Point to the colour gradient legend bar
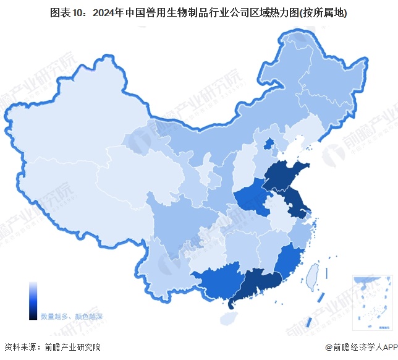(x=33, y=301)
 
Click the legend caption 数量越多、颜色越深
(x=72, y=316)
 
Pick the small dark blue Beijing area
(x=268, y=145)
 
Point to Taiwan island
(x=313, y=276)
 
